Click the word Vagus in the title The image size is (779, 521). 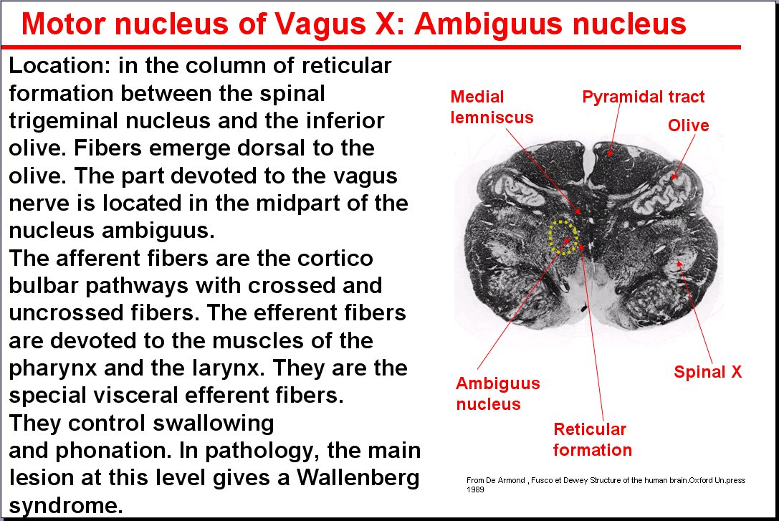320,24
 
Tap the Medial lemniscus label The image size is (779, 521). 492,107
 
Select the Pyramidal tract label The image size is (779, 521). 644,96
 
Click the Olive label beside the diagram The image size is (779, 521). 688,125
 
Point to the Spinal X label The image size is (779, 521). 707,371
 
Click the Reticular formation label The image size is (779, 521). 592,439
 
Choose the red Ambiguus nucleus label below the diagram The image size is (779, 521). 498,393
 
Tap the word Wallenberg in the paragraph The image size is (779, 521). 358,478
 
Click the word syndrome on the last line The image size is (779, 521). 66,506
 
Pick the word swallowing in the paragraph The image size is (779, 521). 213,424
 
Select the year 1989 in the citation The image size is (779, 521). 475,489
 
